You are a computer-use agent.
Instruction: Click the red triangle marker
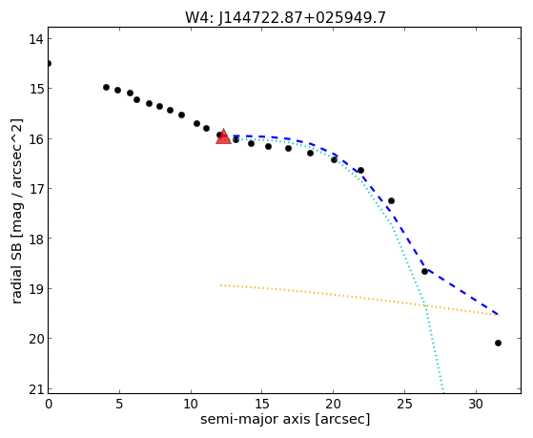[x=223, y=136]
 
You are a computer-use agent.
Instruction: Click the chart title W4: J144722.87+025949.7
[x=285, y=17]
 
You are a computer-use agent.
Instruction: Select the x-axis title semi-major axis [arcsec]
[x=285, y=419]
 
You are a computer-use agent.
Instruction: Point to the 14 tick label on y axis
[x=35, y=39]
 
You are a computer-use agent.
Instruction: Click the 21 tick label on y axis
[x=35, y=389]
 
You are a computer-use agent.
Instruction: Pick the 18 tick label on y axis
[x=35, y=239]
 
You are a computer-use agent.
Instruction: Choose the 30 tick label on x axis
[x=476, y=404]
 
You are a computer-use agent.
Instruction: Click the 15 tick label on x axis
[x=262, y=404]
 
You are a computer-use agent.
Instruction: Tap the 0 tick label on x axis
[x=49, y=404]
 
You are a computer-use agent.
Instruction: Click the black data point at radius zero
[x=49, y=63]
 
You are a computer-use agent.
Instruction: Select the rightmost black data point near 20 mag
[x=498, y=343]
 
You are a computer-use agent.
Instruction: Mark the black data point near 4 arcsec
[x=106, y=87]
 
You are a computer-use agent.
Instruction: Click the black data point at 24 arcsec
[x=391, y=200]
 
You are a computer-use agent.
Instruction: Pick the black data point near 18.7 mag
[x=424, y=271]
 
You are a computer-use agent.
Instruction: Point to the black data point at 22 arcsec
[x=361, y=170]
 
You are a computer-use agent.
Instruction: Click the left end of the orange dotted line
[x=220, y=285]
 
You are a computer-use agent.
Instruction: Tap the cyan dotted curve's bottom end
[x=443, y=391]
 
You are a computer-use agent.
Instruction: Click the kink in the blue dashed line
[x=426, y=269]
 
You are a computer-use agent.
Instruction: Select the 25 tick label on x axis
[x=404, y=404]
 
